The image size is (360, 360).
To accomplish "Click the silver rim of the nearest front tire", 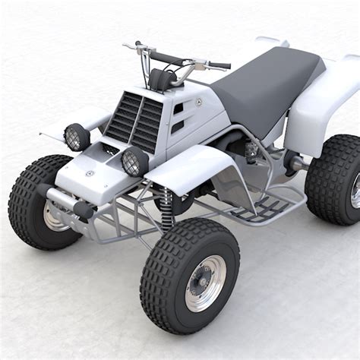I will [204, 283].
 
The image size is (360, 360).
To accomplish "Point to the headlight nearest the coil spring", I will [135, 161].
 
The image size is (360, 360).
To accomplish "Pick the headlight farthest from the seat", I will [77, 137].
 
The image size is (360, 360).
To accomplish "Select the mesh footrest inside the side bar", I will [258, 207].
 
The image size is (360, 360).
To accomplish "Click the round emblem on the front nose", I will [90, 173].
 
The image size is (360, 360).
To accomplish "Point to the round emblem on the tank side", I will [198, 102].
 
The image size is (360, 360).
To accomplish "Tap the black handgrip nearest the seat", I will [218, 65].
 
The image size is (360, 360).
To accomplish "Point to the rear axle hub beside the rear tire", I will [292, 160].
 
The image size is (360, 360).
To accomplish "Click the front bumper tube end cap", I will [83, 210].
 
